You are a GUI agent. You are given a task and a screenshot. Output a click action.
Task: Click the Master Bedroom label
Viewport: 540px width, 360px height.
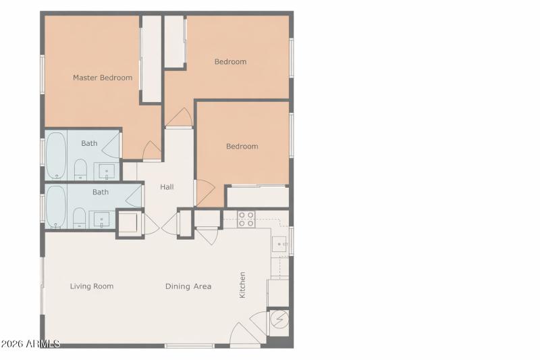tap(103, 78)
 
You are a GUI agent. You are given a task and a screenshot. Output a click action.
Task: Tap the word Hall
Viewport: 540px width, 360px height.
tap(167, 187)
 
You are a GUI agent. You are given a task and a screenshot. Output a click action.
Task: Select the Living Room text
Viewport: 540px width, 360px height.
tap(92, 286)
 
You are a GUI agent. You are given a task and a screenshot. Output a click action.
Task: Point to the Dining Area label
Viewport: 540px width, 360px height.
tap(188, 286)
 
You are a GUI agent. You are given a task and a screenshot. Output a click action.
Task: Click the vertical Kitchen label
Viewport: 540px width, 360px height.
tap(242, 285)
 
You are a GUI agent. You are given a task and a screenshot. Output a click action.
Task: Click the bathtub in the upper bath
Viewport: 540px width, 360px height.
tap(56, 155)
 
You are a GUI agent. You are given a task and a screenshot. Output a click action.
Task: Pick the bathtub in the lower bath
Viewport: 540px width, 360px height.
tap(56, 207)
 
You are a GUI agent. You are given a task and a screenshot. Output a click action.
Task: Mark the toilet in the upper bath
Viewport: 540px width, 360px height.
tap(80, 170)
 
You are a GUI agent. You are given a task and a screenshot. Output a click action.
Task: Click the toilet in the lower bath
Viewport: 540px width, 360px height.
tap(80, 218)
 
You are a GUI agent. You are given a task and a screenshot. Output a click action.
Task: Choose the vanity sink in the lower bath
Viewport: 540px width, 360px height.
tap(102, 219)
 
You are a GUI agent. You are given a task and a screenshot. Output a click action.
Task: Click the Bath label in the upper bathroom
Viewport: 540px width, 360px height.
tap(89, 143)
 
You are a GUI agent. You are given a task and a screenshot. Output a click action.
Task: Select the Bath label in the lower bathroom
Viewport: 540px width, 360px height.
tap(101, 192)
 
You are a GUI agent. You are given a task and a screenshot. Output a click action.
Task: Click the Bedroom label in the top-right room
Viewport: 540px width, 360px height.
tap(230, 62)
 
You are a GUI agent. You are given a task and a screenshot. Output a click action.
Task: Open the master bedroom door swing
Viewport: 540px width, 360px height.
tap(153, 151)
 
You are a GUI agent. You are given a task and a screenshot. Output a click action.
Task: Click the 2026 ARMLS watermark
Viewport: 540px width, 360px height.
tap(30, 344)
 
